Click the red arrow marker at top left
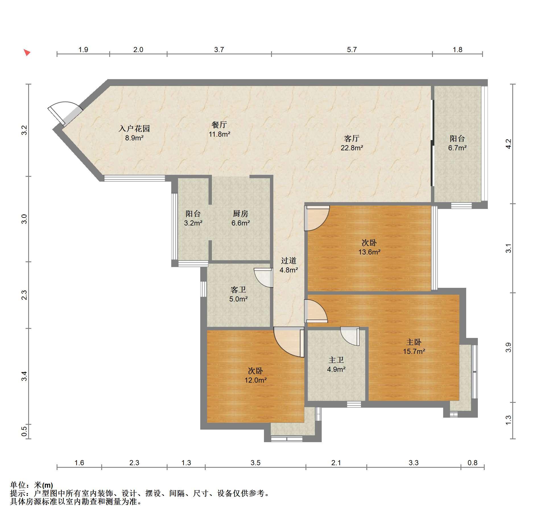27,52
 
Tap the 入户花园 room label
134,129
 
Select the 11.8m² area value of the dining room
219,134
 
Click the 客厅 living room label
352,139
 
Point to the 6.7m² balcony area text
457,148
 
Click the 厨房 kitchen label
240,214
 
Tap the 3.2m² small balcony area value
193,223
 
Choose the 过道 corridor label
289,260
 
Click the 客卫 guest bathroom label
238,290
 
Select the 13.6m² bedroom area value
369,252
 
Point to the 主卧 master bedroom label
414,342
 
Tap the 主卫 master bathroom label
336,360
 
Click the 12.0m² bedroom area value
256,380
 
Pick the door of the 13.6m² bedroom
317,218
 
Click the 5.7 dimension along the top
352,50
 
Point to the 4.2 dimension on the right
508,143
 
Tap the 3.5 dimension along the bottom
255,463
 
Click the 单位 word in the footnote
18,485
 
